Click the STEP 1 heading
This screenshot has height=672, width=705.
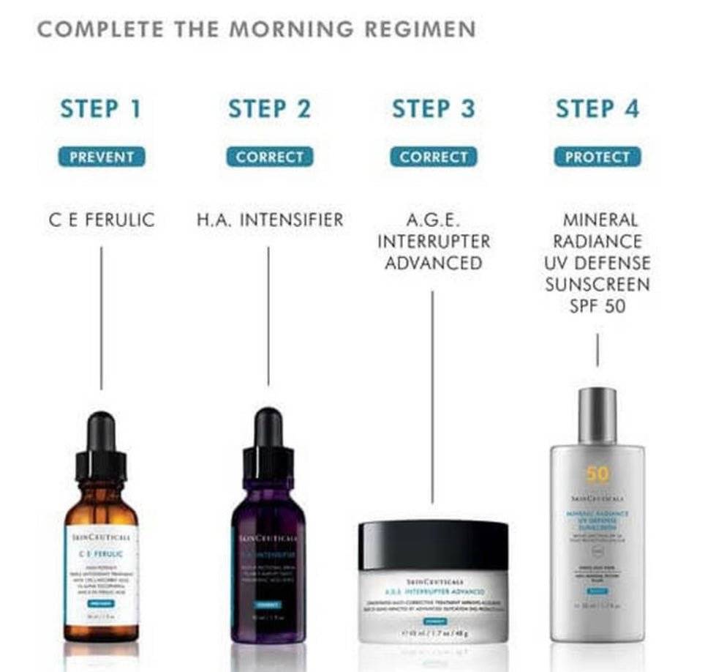(100, 109)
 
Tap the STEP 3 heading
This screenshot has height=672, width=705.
(433, 109)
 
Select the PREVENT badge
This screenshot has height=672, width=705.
(102, 157)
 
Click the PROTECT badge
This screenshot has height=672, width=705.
(597, 157)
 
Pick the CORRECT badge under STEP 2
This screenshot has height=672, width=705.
(269, 157)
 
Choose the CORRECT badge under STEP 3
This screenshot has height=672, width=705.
(433, 157)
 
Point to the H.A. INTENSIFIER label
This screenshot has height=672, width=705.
(269, 220)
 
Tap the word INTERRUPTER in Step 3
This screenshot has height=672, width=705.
(433, 241)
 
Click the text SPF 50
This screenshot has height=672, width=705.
(597, 306)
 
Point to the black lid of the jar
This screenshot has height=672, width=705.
(433, 544)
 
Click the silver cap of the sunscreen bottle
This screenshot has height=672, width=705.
(597, 415)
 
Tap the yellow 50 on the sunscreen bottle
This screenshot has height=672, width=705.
(597, 474)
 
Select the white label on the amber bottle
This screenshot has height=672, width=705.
(101, 574)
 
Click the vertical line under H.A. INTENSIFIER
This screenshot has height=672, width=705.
(268, 315)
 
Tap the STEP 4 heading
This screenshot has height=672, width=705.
(597, 109)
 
